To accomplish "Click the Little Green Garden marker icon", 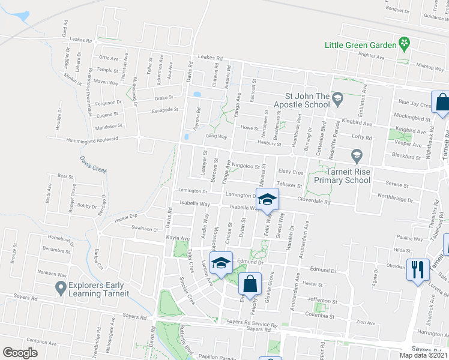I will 405,44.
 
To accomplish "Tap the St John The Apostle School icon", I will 337,97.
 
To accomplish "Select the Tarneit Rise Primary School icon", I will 357,157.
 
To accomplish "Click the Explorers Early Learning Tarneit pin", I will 60,289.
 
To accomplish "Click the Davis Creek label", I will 93,165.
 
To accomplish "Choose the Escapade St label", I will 166,110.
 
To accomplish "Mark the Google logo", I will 20,353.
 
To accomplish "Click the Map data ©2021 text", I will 423,355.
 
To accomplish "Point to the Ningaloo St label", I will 248,166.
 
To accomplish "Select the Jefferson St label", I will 318,300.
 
